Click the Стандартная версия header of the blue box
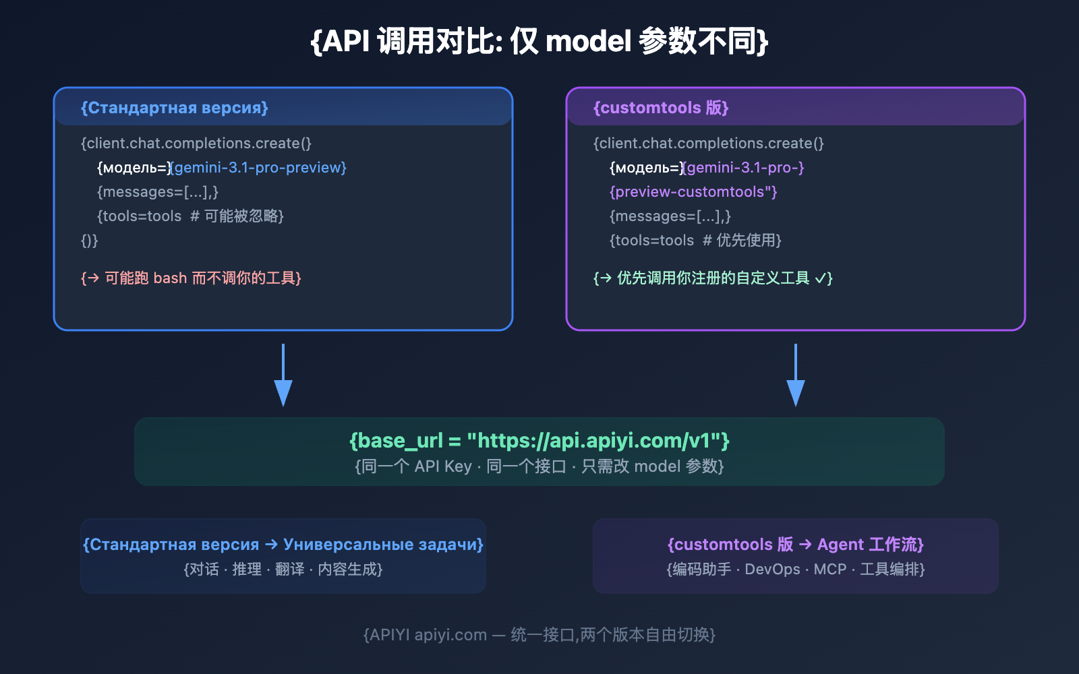coord(175,108)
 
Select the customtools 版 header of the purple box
coord(661,108)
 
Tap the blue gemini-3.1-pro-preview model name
coord(260,167)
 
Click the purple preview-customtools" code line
coord(693,191)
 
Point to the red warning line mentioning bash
coord(191,278)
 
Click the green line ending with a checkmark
coord(713,278)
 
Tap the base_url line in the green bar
coord(539,440)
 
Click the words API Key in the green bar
coord(443,466)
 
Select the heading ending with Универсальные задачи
coord(283,544)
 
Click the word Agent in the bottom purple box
coord(840,544)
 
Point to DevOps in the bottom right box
coord(772,570)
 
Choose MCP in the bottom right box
coord(829,570)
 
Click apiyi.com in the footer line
coord(450,635)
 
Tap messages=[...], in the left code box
coord(158,191)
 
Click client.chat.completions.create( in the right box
coord(708,143)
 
